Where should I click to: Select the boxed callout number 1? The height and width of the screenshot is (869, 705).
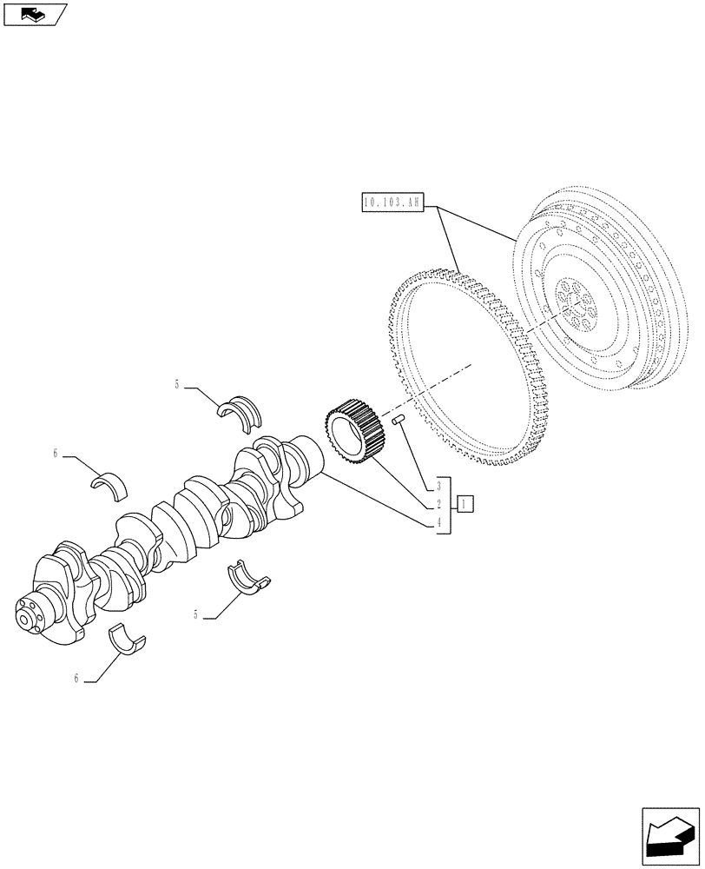(x=465, y=504)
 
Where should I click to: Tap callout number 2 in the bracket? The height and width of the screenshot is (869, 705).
(x=440, y=504)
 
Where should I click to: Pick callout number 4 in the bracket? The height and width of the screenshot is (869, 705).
(x=440, y=522)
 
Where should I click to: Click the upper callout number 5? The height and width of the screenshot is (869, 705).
(x=177, y=383)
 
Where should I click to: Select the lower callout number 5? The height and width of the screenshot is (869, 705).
(x=196, y=614)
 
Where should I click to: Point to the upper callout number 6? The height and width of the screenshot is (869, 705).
(x=55, y=453)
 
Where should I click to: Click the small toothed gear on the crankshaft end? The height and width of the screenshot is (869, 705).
(x=352, y=428)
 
